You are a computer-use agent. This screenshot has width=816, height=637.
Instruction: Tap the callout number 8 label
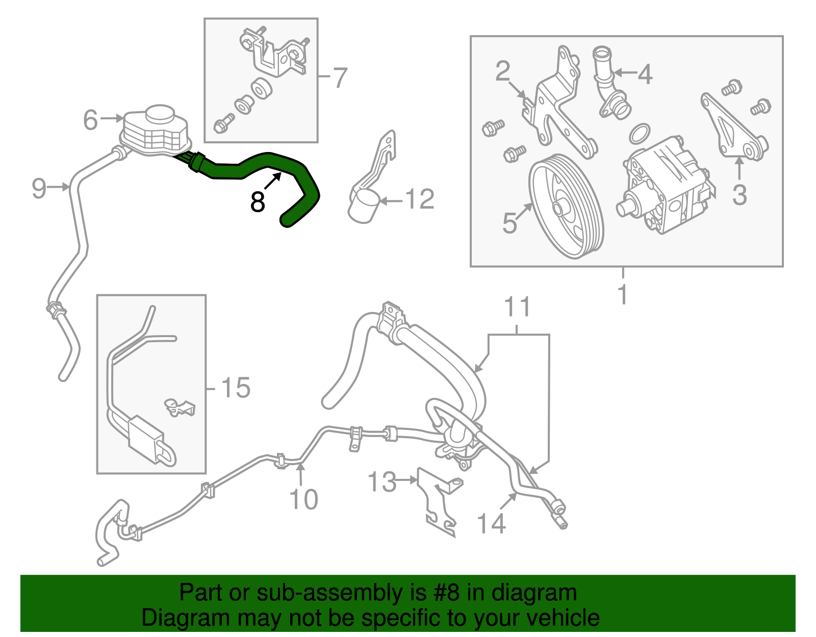[x=258, y=202]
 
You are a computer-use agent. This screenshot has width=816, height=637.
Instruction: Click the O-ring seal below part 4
[x=640, y=134]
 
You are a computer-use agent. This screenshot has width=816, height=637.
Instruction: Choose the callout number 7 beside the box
[x=340, y=78]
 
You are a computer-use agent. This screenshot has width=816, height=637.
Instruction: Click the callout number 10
[x=303, y=499]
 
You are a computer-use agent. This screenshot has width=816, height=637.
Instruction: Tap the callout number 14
[x=491, y=524]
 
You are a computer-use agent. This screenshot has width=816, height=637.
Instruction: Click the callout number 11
[x=517, y=308]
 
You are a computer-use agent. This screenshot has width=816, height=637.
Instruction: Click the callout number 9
[x=39, y=188]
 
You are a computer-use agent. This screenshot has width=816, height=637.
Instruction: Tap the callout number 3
[x=739, y=195]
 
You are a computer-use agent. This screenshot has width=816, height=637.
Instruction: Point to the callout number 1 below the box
[x=622, y=295]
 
